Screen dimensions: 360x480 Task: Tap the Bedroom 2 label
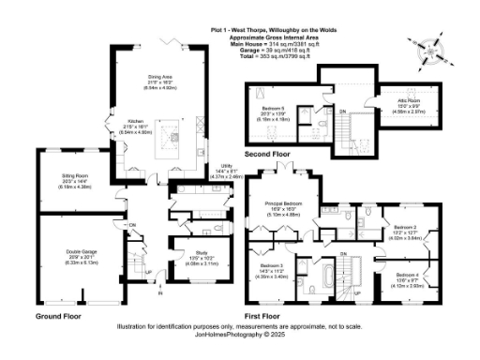(404, 226)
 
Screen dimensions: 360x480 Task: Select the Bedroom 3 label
(273, 266)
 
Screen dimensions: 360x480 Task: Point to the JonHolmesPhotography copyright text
(240, 334)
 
